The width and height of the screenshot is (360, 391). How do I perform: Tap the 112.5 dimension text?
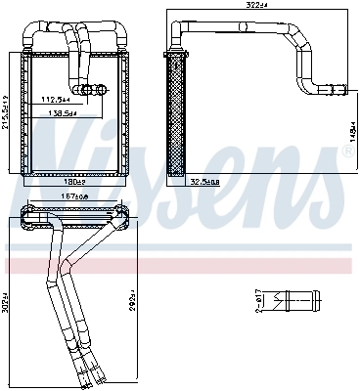(56, 98)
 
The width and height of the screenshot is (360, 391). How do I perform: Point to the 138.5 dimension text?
(63, 112)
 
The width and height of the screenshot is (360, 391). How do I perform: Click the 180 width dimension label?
(74, 182)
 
